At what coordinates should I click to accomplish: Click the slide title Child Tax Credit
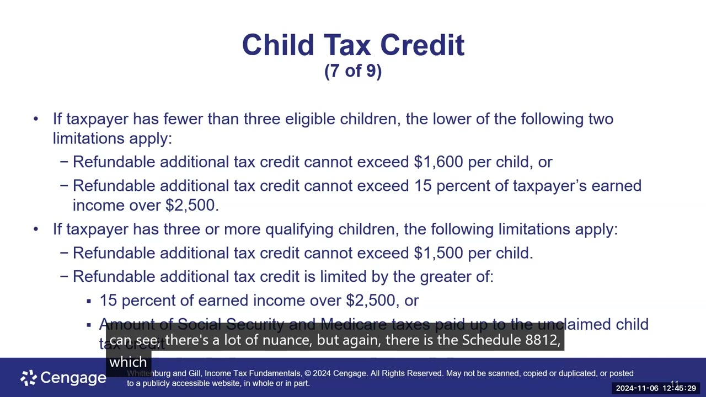pos(353,45)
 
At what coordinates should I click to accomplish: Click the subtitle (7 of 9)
pos(353,71)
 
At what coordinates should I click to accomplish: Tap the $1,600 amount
pos(438,162)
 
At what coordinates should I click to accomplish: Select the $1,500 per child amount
pos(438,253)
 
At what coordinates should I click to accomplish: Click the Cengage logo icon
pos(28,378)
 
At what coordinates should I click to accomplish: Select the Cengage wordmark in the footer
pos(73,378)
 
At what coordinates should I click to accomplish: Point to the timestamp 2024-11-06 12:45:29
pos(656,388)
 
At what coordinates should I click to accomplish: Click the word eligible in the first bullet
pos(309,119)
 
